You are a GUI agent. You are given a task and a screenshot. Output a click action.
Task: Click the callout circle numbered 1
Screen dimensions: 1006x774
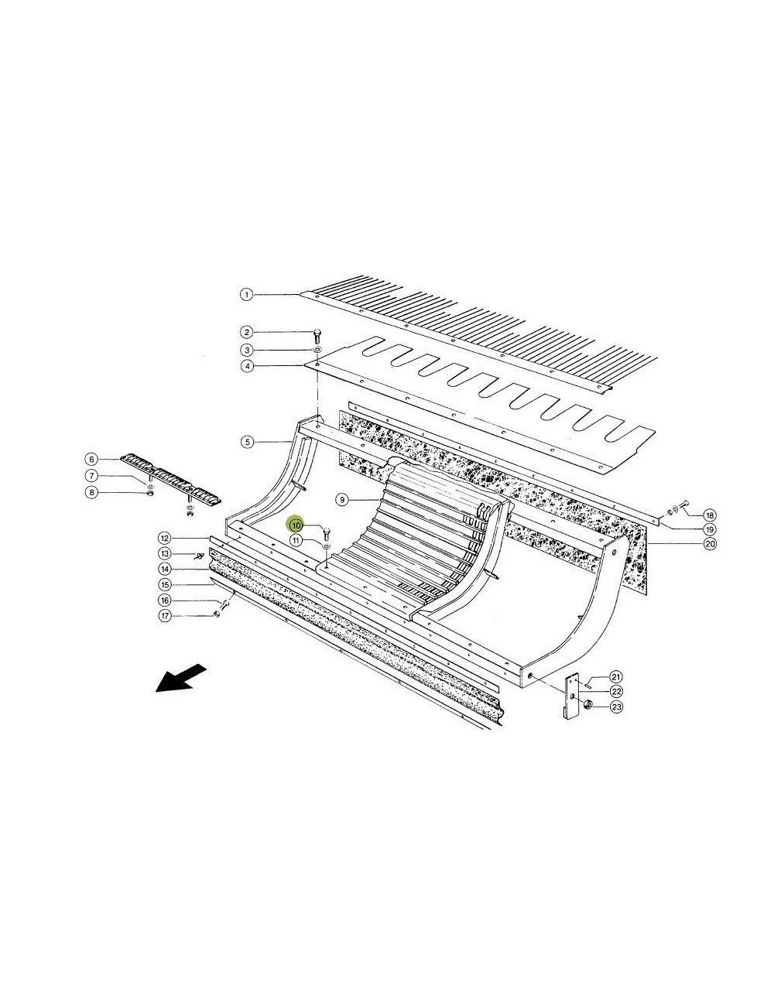pos(245,294)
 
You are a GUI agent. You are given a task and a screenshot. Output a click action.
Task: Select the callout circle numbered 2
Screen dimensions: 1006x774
pos(245,331)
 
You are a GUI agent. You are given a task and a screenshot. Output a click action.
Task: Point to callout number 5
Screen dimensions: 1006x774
pos(247,442)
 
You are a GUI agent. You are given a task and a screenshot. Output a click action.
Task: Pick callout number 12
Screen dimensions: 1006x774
pos(164,538)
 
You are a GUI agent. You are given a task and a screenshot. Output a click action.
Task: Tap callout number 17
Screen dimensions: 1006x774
pos(164,616)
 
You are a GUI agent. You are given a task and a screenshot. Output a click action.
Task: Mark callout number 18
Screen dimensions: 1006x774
pos(709,514)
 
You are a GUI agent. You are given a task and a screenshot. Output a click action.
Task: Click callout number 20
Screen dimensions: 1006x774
pos(709,544)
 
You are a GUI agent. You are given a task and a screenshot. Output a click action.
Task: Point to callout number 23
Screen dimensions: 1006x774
pos(617,706)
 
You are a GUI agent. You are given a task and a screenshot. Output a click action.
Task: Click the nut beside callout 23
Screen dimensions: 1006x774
pos(587,705)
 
